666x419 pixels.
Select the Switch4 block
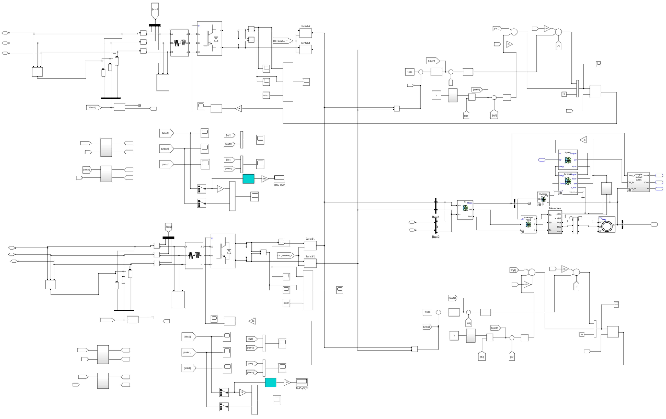[x=306, y=50]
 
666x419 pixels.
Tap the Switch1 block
[x=310, y=245]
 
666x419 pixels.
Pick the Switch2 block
[x=310, y=263]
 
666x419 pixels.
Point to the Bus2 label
[x=436, y=237]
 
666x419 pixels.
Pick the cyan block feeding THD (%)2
[x=271, y=382]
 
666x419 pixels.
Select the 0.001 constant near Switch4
[x=266, y=95]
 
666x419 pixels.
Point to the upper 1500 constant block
[x=410, y=72]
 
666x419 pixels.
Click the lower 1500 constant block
[x=427, y=312]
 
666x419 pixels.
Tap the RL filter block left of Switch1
[x=194, y=255]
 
